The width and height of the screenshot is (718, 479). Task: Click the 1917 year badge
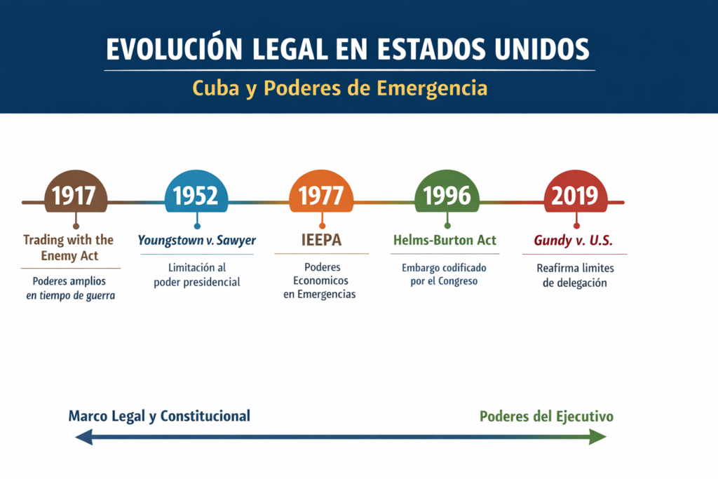(75, 194)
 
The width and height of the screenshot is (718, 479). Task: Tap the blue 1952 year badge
(196, 194)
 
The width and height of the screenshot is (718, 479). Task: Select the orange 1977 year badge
(321, 194)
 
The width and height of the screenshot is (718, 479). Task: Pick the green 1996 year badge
(447, 194)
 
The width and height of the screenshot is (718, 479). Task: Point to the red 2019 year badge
(576, 194)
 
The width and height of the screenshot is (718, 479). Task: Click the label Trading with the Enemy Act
(69, 248)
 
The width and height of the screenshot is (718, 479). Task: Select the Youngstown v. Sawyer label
(196, 241)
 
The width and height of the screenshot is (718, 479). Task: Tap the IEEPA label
(321, 240)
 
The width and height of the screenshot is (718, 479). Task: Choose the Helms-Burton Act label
(445, 240)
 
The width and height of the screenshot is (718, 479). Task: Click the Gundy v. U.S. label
(574, 241)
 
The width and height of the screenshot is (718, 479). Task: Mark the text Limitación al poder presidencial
(196, 275)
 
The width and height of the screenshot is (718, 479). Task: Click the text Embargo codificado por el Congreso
(444, 275)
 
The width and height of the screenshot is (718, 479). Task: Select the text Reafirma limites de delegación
(574, 276)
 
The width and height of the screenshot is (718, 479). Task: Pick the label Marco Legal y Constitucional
(159, 416)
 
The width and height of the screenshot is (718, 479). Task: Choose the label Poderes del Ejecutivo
(546, 417)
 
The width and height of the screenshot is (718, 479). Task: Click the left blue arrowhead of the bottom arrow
(83, 438)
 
